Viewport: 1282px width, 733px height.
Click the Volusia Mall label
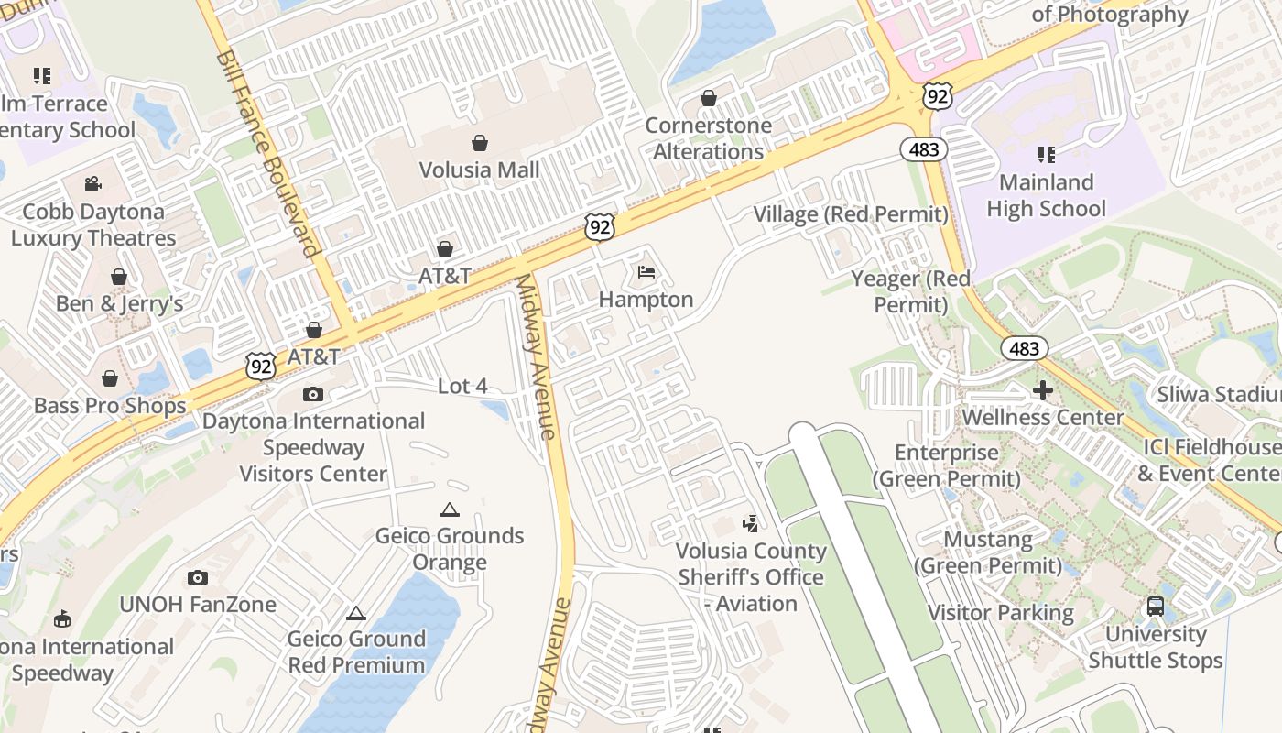pos(479,170)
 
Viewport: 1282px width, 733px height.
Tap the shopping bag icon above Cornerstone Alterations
pos(708,98)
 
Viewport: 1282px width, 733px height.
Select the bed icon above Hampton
pos(646,272)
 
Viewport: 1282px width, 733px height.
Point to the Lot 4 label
pos(462,386)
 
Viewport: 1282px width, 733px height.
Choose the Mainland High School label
pos(1046,195)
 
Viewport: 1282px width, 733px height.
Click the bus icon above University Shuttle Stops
pos(1155,607)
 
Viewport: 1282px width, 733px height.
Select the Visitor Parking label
pos(1001,612)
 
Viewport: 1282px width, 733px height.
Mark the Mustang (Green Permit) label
pos(988,552)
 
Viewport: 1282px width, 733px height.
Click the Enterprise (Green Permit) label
pos(946,465)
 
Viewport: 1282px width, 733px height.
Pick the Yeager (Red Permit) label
pos(910,291)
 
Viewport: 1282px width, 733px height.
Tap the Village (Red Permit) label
pos(850,214)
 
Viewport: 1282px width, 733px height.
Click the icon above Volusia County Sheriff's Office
pos(750,524)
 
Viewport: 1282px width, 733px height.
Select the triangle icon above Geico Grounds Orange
pos(449,509)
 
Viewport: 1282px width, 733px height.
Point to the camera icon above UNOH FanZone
pos(197,577)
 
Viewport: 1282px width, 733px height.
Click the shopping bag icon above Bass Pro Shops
pos(110,378)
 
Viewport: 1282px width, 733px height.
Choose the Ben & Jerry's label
pos(119,303)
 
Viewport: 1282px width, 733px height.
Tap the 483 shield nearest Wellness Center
pos(1024,348)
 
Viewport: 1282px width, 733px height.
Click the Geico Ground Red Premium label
pos(356,651)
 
